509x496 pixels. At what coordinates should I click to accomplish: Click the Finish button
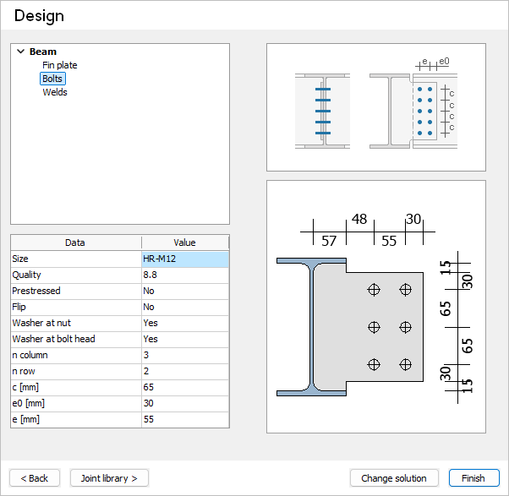tap(473, 478)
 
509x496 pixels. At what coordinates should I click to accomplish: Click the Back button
tap(35, 478)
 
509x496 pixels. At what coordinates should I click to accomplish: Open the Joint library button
tap(109, 478)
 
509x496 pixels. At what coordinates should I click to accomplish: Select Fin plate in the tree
tap(60, 65)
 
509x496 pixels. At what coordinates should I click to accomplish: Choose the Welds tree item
tap(55, 92)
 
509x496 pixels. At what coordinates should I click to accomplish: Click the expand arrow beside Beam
tap(21, 52)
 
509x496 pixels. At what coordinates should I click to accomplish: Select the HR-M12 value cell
tap(185, 259)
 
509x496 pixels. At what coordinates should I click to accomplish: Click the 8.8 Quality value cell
tap(185, 275)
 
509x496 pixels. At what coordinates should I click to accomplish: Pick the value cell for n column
tap(185, 355)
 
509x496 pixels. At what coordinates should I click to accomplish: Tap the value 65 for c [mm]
tap(185, 387)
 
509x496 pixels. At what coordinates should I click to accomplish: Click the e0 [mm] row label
tap(28, 403)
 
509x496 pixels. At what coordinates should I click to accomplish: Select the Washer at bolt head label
tap(53, 339)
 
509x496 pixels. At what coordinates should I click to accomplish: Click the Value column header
tap(184, 243)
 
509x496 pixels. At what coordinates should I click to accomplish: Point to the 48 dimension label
tap(359, 219)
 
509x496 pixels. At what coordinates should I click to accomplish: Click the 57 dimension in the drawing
tap(329, 241)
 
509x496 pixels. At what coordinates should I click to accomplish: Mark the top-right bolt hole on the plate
tap(406, 290)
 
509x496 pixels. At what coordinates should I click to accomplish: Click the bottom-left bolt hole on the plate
tap(374, 364)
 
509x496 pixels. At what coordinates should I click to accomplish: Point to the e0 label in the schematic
tap(444, 62)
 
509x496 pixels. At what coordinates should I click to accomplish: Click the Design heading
tap(39, 16)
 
